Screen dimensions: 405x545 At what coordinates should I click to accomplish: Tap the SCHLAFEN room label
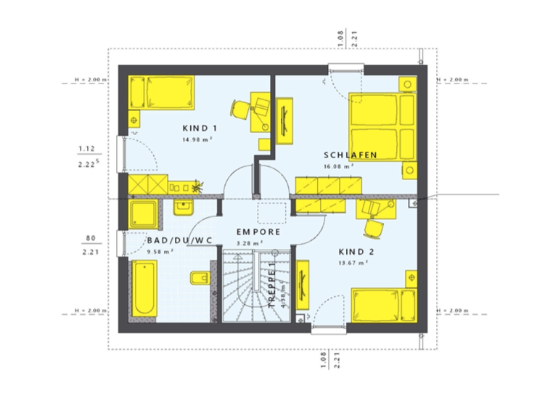[x=351, y=155]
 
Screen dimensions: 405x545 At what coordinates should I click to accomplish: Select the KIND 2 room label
[x=356, y=252]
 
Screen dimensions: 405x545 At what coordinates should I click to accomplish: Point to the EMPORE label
[x=258, y=232]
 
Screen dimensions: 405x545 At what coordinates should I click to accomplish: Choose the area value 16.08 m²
[x=340, y=165]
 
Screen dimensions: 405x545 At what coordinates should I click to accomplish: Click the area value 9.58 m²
[x=159, y=251]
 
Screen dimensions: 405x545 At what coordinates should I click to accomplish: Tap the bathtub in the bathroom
[x=144, y=289]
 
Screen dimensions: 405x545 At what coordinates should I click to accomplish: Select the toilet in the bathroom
[x=197, y=279]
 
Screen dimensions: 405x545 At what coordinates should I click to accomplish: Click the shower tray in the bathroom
[x=142, y=214]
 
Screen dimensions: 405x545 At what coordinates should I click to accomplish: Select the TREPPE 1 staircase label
[x=271, y=286]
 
